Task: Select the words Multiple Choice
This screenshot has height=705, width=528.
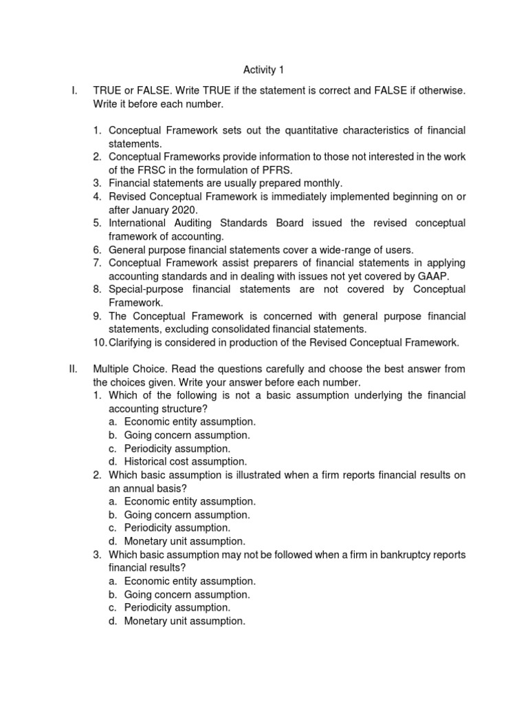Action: [x=129, y=369]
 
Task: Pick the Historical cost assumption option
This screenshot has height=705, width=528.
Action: [x=185, y=461]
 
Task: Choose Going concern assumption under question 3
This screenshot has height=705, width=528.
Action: [x=187, y=594]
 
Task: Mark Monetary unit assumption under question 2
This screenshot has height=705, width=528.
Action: [x=184, y=541]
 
